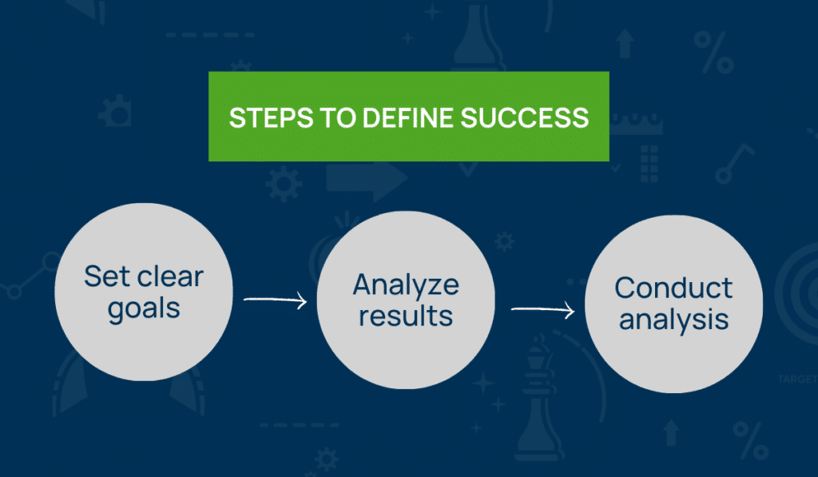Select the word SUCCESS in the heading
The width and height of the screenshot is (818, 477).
[x=525, y=117]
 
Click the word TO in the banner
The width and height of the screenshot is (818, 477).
[x=328, y=117]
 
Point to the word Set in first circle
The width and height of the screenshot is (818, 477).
[x=105, y=276]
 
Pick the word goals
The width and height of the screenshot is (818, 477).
[x=143, y=308]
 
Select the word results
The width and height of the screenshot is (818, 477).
[x=406, y=315]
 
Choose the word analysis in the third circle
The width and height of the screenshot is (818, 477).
[x=673, y=320]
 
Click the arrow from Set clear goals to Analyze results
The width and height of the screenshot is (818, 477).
[x=276, y=300]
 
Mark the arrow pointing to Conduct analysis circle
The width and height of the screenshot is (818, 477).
[x=542, y=309]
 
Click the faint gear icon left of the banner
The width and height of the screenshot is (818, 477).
[x=118, y=112]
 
